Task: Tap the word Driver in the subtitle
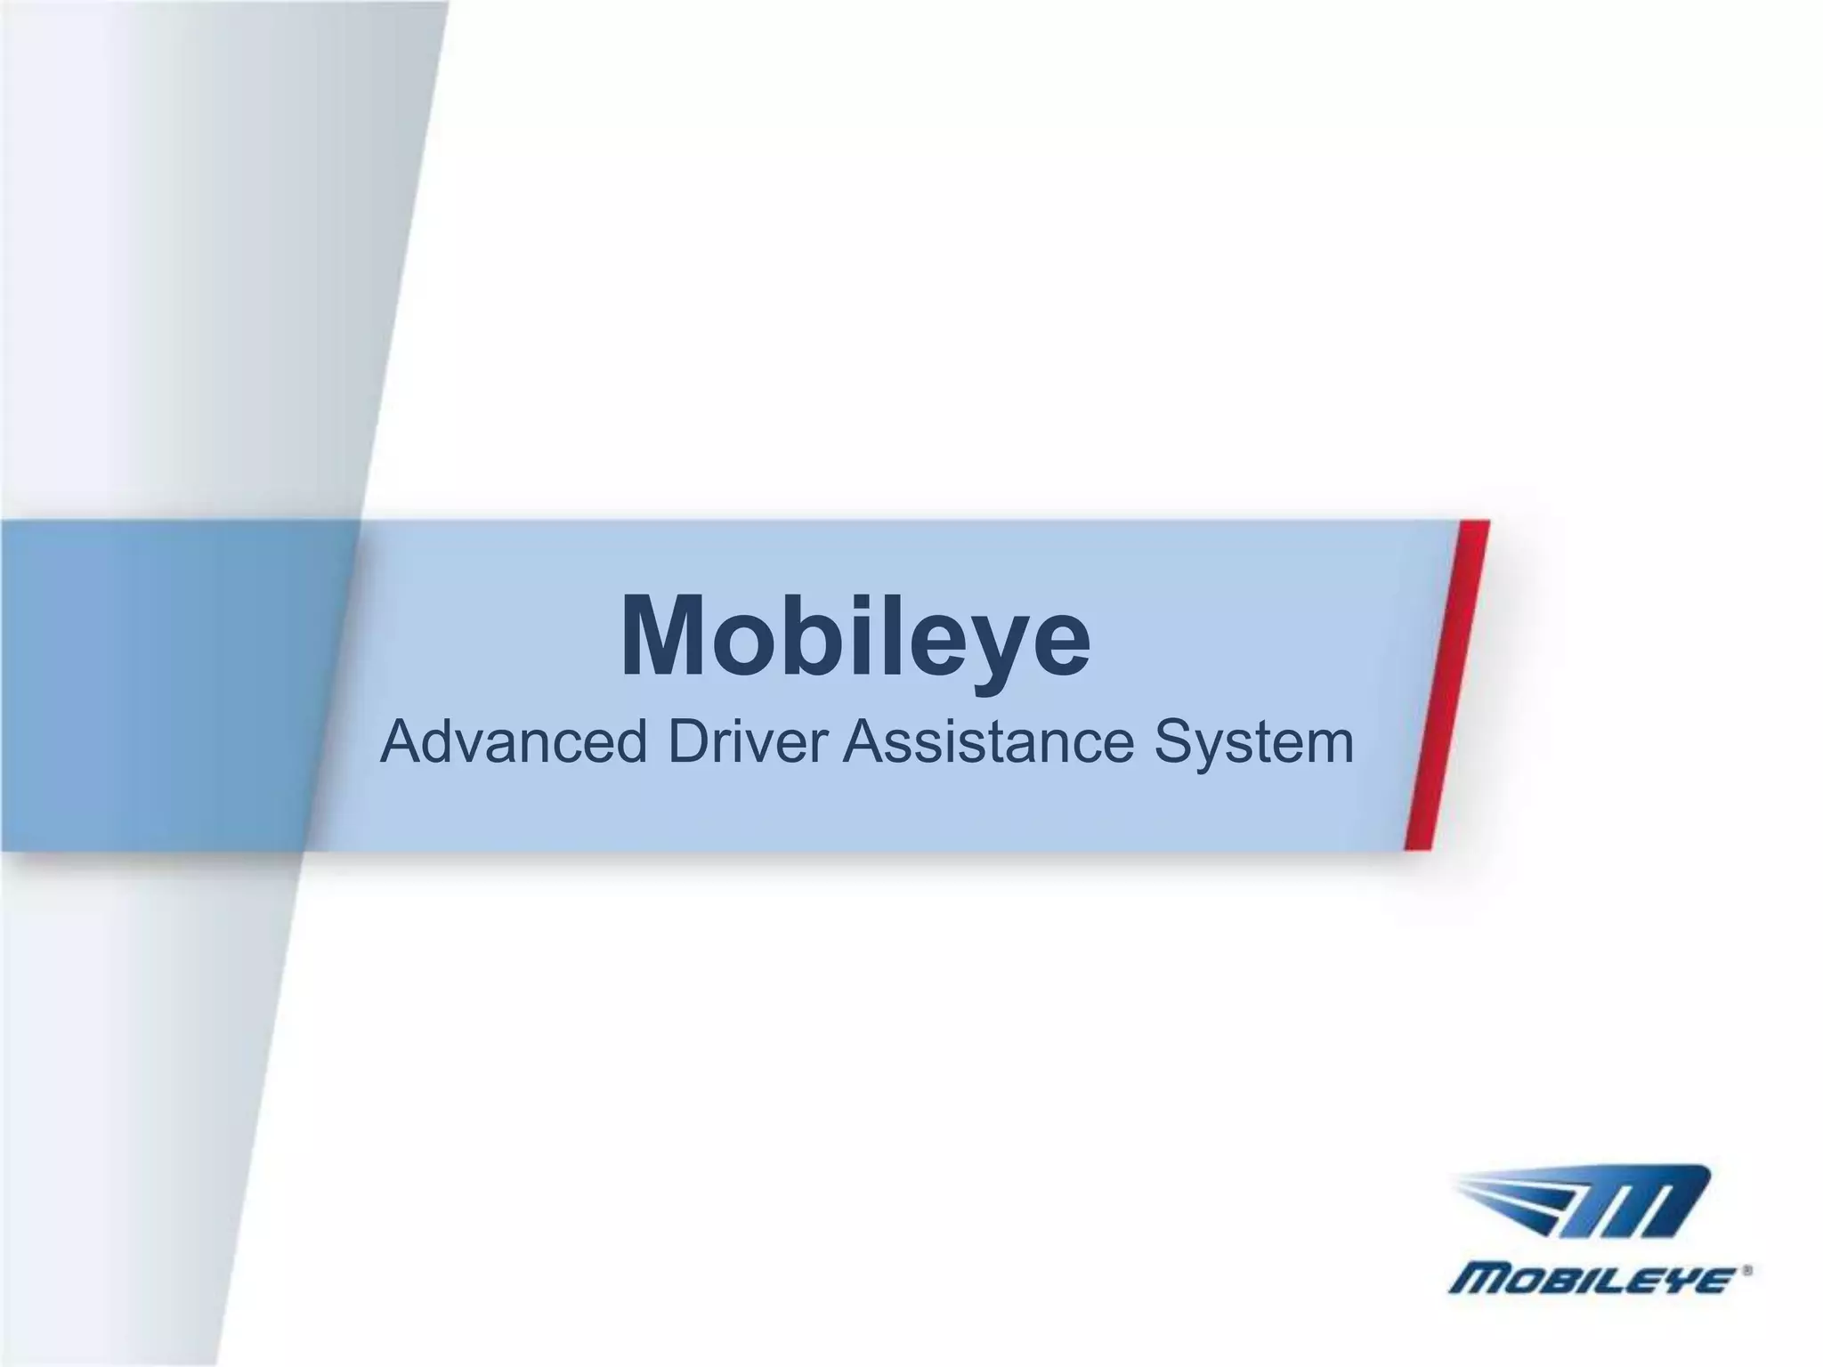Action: point(747,742)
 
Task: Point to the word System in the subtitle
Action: point(1253,744)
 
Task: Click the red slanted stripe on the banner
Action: point(1447,685)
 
